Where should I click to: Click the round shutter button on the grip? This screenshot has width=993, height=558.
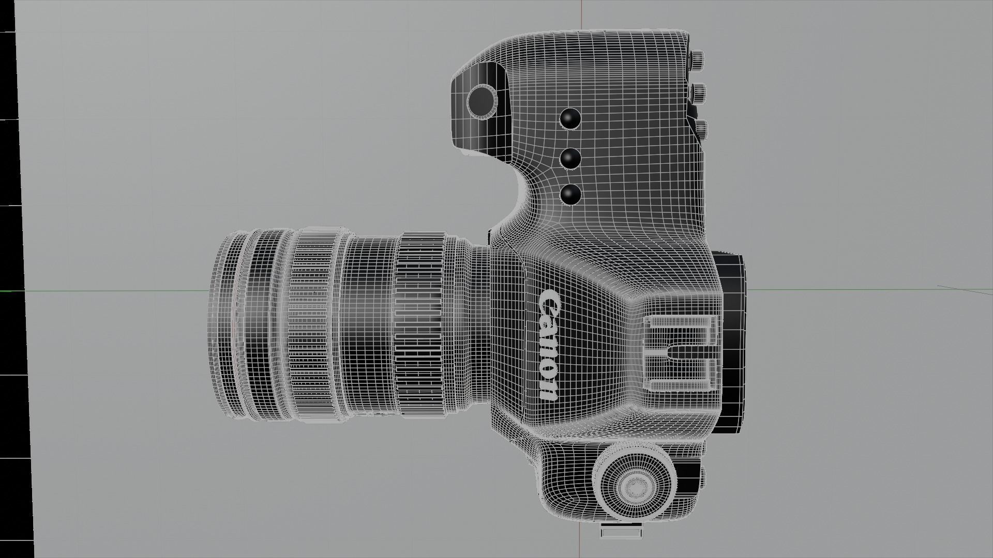[x=482, y=99]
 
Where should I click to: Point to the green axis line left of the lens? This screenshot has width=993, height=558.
[x=103, y=291]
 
